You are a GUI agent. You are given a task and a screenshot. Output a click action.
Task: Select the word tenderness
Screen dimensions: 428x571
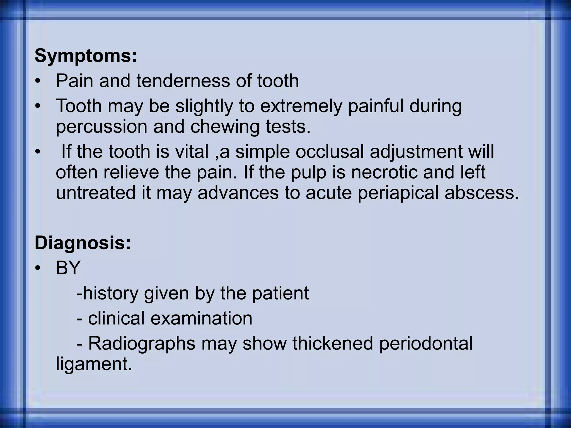(x=183, y=81)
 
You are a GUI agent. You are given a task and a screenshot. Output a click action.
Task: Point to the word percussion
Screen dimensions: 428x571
(x=101, y=127)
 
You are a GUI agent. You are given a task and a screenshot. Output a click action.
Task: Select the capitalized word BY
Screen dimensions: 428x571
(x=68, y=268)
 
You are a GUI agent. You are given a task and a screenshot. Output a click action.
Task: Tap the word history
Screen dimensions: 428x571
(x=110, y=293)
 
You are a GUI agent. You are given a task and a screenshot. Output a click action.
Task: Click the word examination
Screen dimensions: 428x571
(x=201, y=318)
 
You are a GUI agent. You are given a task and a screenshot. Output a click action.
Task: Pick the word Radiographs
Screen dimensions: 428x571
(x=142, y=343)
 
